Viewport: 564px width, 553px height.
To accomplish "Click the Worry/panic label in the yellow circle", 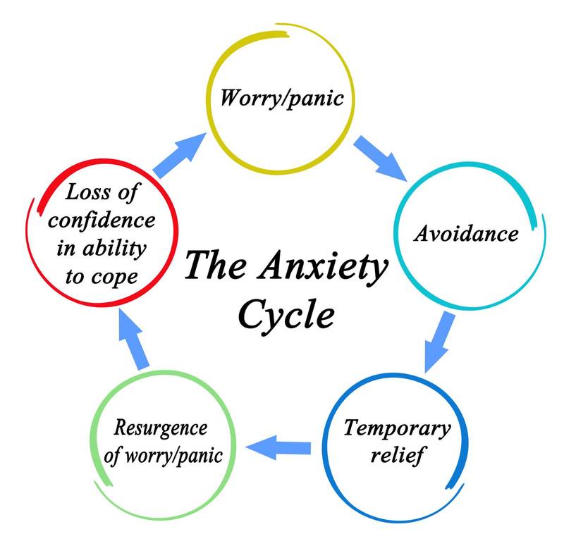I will coord(281,97).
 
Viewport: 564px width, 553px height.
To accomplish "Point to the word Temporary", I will coord(397,428).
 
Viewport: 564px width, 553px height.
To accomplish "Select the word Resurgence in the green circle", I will coord(161,428).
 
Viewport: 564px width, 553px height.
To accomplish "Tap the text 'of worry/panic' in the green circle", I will coord(162,454).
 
